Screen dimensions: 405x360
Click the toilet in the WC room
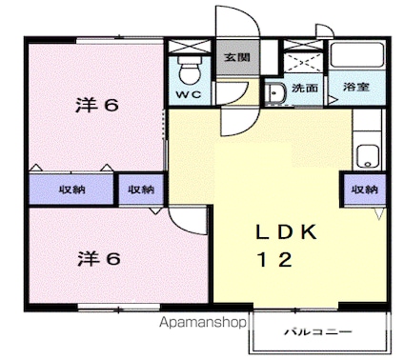tap(190, 70)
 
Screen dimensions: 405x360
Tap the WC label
tap(189, 94)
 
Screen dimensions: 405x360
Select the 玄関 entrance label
tap(237, 57)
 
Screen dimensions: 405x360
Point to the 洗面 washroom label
tap(305, 88)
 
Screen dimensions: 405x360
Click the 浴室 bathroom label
tap(356, 87)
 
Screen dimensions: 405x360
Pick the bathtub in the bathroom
tap(356, 55)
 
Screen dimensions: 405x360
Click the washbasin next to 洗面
tap(275, 93)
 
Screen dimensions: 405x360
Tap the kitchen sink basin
tap(368, 156)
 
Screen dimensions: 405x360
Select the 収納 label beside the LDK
tap(364, 190)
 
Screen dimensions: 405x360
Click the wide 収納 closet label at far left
tap(72, 190)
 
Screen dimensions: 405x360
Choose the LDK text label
tap(286, 232)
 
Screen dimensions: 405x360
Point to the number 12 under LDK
tap(274, 259)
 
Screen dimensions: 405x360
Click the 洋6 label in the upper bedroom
tap(97, 105)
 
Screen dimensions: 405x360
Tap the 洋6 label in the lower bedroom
tap(99, 258)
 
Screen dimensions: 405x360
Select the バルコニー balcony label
tap(318, 332)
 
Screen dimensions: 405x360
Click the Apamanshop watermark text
tap(203, 323)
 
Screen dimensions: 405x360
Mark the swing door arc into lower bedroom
tap(178, 226)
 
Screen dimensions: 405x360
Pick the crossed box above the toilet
tap(190, 47)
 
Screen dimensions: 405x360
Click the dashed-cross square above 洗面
tap(303, 63)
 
